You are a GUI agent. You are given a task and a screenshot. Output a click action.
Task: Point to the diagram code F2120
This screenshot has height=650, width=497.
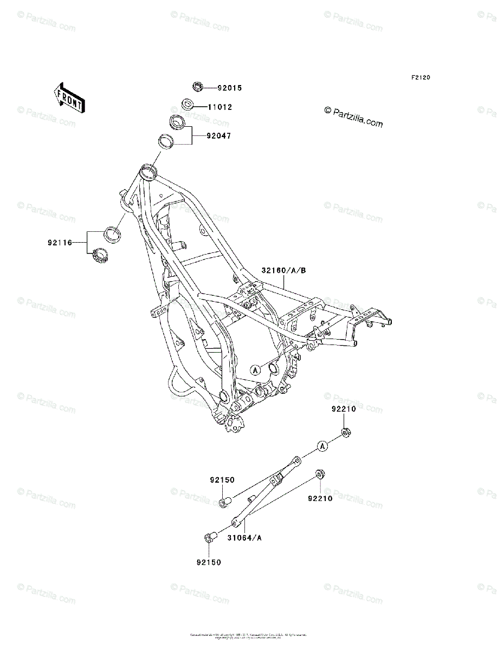tap(420, 78)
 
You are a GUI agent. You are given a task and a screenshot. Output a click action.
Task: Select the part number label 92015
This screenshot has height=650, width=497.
tap(230, 88)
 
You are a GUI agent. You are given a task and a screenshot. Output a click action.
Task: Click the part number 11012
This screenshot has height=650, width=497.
tap(220, 107)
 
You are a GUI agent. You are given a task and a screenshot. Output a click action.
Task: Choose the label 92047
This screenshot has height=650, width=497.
tap(218, 136)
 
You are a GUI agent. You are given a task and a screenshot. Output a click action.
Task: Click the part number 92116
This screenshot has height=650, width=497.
tap(59, 243)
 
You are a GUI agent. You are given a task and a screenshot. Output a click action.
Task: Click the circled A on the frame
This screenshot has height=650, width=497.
tap(255, 369)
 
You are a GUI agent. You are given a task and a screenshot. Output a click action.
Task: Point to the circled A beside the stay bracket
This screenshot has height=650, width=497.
tap(322, 446)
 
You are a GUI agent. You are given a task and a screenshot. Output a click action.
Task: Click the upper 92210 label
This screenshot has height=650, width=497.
tap(344, 409)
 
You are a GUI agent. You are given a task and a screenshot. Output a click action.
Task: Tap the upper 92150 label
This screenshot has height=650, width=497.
tap(222, 480)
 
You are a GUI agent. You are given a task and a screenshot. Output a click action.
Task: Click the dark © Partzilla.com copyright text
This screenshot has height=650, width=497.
tap(353, 117)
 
